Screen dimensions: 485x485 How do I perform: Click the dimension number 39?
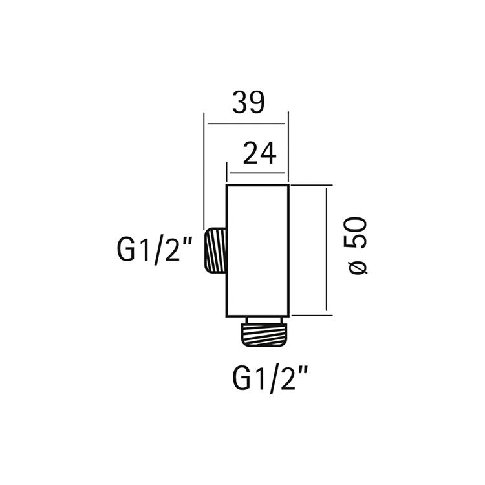[248, 102]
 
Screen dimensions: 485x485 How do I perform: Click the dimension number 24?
[259, 153]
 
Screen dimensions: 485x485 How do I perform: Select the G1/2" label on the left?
[155, 250]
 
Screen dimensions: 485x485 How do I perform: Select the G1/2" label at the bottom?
[270, 378]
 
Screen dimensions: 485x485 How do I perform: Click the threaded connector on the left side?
[215, 250]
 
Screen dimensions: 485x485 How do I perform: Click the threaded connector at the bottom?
[264, 335]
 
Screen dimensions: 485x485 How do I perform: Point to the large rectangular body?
[257, 250]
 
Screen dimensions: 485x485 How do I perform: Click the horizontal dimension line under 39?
[246, 124]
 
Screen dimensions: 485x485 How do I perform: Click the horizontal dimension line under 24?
[257, 173]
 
